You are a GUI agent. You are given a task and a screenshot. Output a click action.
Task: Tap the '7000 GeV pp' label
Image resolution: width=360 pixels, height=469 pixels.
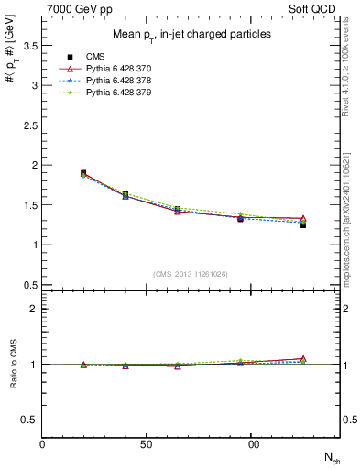(x=75, y=7)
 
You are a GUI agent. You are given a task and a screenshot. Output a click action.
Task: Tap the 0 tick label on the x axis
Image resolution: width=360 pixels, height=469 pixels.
(x=42, y=444)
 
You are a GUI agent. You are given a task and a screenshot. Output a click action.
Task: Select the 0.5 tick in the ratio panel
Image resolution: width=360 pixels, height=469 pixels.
(x=32, y=420)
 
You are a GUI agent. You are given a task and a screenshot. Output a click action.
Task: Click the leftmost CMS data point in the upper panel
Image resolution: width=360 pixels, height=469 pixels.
(x=82, y=173)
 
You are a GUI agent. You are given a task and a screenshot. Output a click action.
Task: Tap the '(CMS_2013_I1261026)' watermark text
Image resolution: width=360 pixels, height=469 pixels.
(x=191, y=273)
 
